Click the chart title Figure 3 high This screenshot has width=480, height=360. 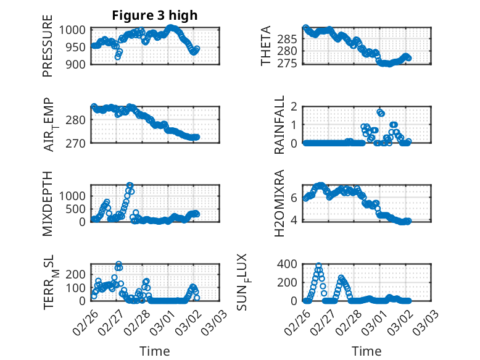(x=154, y=16)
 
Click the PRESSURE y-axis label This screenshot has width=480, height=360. (x=48, y=50)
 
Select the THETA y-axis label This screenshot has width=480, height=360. (x=266, y=46)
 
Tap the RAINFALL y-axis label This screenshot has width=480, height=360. (x=279, y=124)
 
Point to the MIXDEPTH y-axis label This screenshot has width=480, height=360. (x=48, y=203)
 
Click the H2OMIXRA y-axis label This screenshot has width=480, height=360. (x=279, y=203)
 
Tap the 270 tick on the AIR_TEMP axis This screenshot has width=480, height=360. (x=81, y=143)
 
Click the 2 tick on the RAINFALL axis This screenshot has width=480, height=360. (x=294, y=107)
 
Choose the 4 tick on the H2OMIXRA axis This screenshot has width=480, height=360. (x=294, y=220)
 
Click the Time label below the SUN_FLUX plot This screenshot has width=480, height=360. (x=366, y=351)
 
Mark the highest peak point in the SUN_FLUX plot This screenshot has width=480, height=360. (x=318, y=266)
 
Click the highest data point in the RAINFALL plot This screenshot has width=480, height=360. (x=379, y=112)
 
